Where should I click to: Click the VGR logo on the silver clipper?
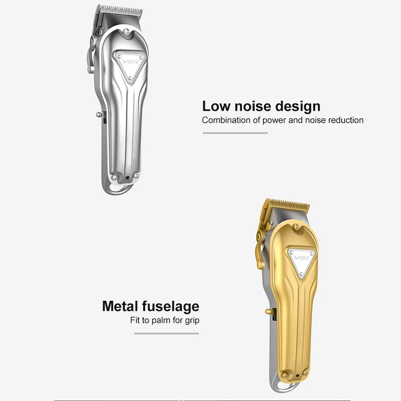(x=131, y=62)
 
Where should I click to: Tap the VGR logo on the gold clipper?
(x=302, y=257)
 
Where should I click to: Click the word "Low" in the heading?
(x=217, y=106)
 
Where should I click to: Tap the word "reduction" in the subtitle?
(x=346, y=120)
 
